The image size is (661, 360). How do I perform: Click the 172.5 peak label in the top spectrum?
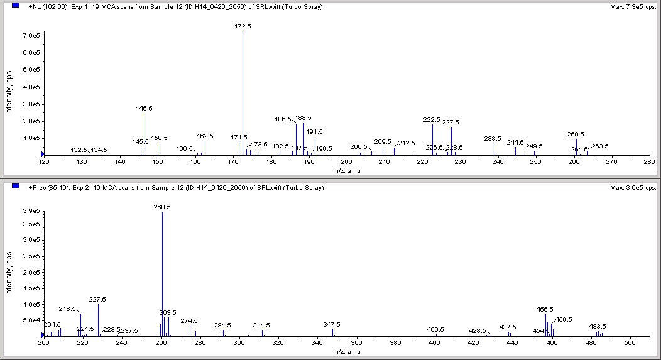(243, 26)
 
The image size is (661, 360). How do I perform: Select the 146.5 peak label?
(145, 108)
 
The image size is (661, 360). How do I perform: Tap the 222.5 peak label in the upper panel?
(432, 119)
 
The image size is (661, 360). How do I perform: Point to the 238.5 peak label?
(493, 138)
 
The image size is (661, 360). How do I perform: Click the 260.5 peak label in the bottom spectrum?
(162, 207)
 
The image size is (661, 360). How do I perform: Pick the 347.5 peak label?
(332, 324)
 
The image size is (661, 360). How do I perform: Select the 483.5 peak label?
(598, 326)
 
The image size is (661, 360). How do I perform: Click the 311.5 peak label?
(262, 325)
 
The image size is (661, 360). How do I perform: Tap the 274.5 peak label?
(189, 320)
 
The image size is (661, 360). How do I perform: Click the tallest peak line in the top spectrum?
(243, 94)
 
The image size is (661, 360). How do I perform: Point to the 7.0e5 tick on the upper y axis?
(32, 36)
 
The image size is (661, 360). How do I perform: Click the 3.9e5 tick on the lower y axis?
(32, 212)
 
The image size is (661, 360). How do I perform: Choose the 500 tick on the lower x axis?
(631, 344)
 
